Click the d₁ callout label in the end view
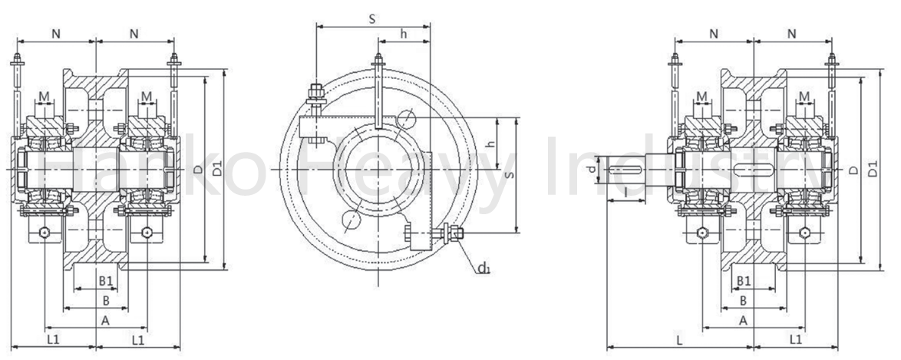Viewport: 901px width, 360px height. [x=484, y=268]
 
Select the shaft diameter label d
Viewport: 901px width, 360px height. [x=592, y=169]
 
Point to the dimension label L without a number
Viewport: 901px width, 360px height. [x=679, y=340]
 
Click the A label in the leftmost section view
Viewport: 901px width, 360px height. [x=105, y=320]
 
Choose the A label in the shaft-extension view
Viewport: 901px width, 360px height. [x=743, y=320]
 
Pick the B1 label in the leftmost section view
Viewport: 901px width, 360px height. [x=106, y=281]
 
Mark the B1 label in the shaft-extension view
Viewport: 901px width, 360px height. [x=744, y=281]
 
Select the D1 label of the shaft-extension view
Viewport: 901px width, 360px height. [x=873, y=170]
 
